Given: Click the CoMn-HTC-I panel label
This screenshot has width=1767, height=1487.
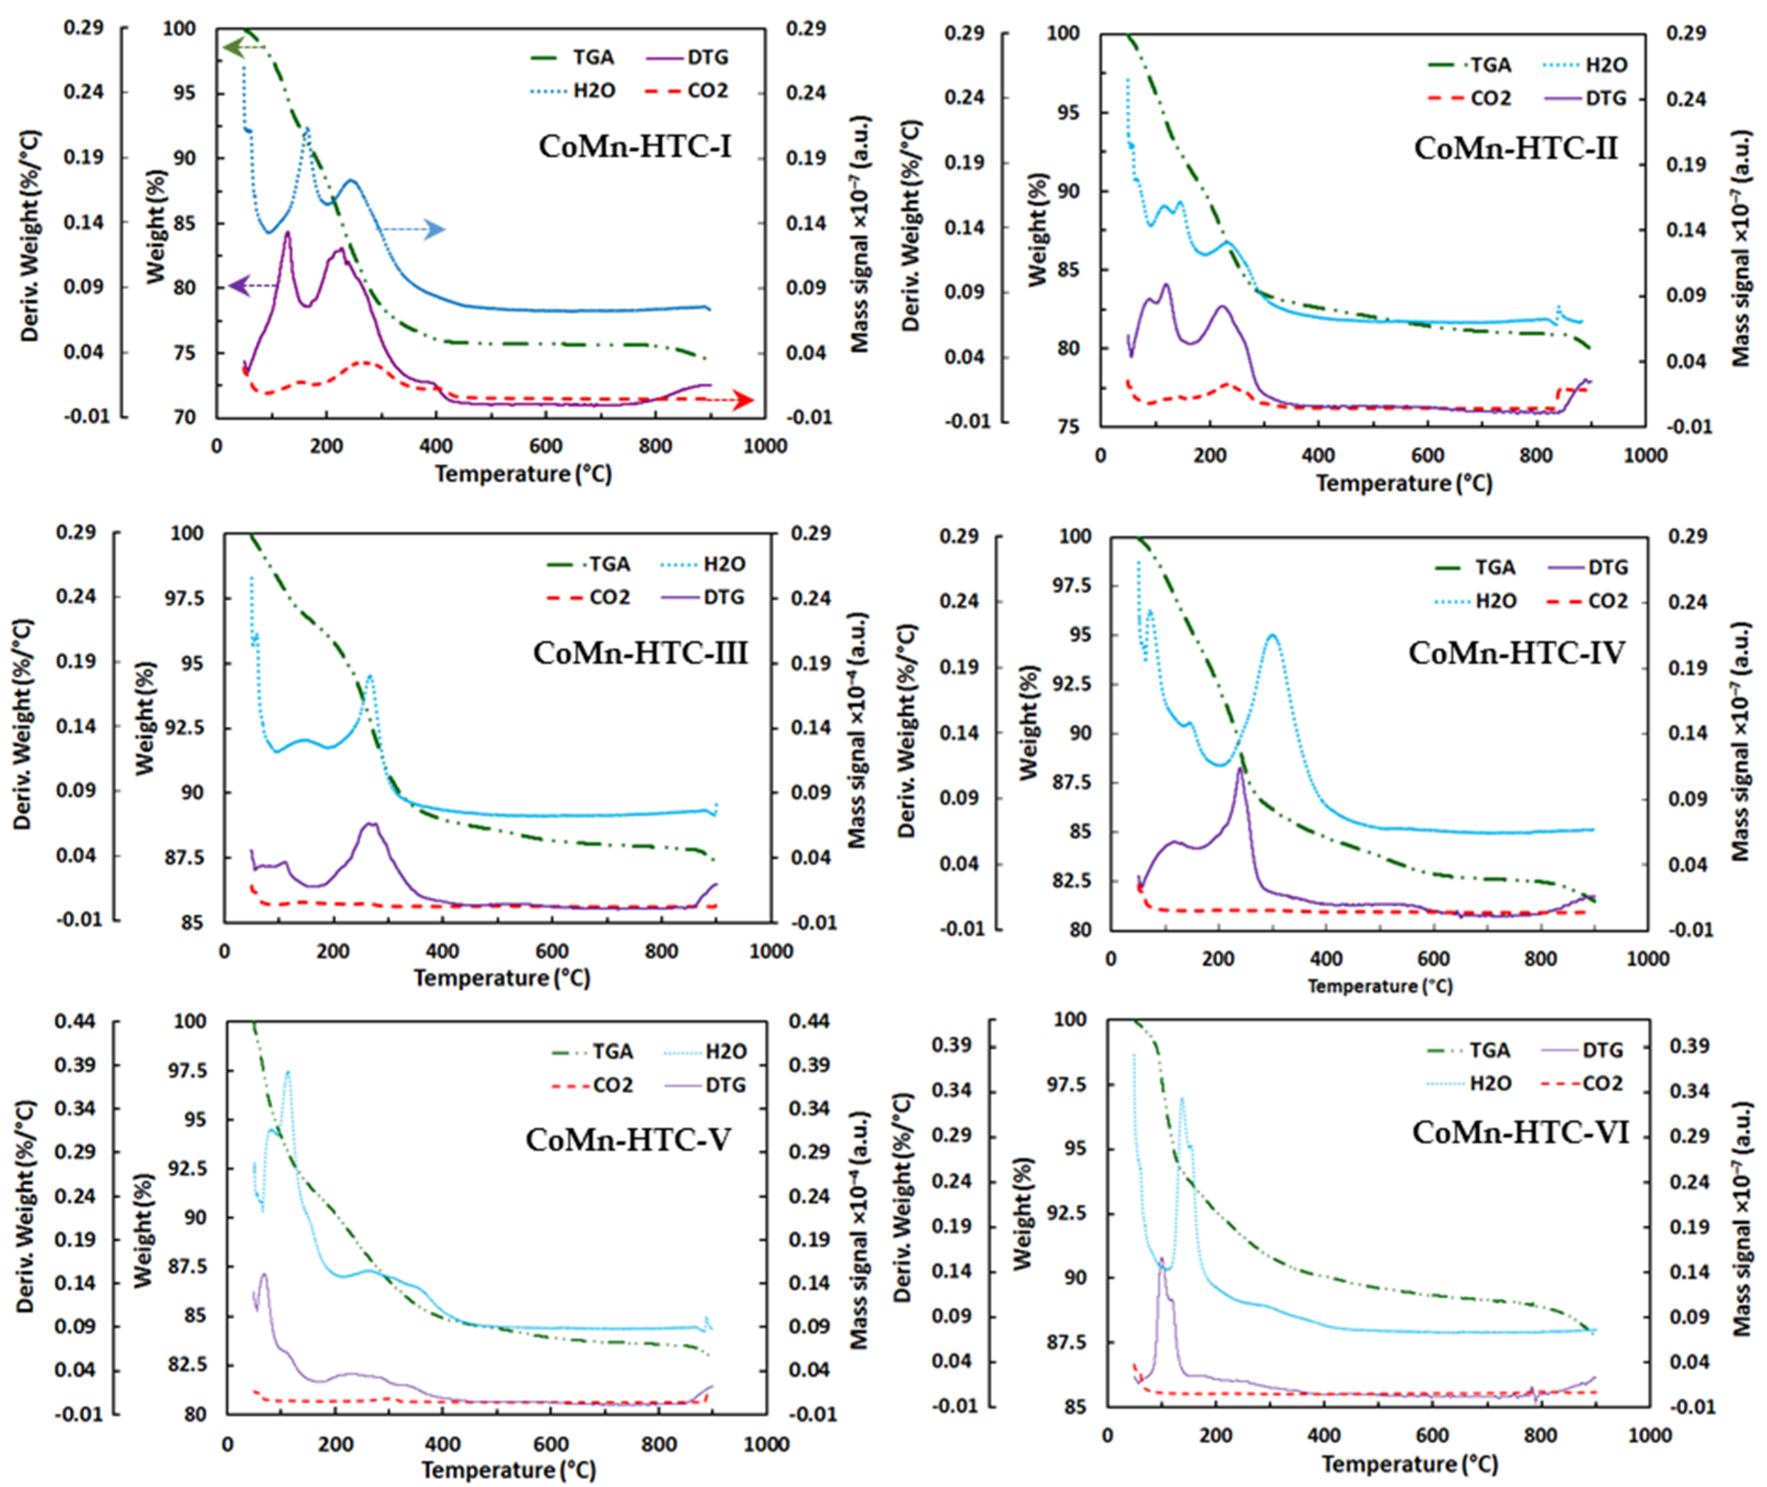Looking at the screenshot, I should pos(635,147).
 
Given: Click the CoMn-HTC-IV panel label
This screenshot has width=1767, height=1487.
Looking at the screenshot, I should pos(1516,653).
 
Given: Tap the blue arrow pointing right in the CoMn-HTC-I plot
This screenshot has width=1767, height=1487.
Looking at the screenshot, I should pos(433,229).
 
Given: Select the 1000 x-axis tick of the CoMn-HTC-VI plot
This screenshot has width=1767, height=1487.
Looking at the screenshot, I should pos(1649,1436).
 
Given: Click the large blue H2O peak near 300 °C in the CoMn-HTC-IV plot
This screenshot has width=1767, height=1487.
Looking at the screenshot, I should pos(1272,636).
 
